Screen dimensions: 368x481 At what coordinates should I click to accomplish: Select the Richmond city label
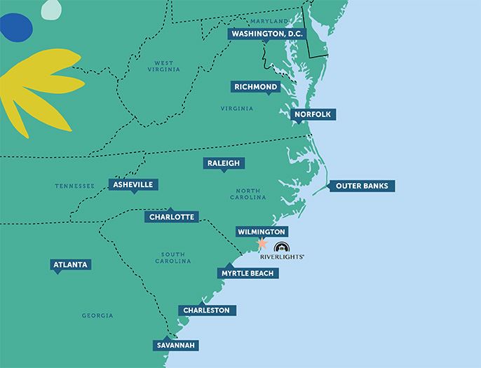coord(257,87)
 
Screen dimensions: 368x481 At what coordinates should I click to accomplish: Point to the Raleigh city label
coord(224,163)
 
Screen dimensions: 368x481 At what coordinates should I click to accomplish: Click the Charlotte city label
coord(171,217)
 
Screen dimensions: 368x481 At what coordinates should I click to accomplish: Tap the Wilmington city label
coord(261,232)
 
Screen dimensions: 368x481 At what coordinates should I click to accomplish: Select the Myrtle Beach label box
coord(248,273)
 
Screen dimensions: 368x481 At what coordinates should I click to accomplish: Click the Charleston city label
coord(206,310)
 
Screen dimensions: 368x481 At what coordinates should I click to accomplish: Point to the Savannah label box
coord(176,345)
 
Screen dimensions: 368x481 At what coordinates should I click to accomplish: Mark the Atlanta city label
coord(71,264)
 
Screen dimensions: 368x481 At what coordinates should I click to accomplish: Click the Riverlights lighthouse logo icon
coord(281,247)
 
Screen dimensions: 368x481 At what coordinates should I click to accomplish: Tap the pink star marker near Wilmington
coord(262,243)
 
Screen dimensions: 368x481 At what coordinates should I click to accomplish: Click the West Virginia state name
coord(163,66)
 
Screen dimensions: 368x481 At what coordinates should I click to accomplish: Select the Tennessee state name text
coord(74,186)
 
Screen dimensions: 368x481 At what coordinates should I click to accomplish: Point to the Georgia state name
coord(97,315)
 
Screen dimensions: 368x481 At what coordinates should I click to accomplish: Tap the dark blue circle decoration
coord(15,27)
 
